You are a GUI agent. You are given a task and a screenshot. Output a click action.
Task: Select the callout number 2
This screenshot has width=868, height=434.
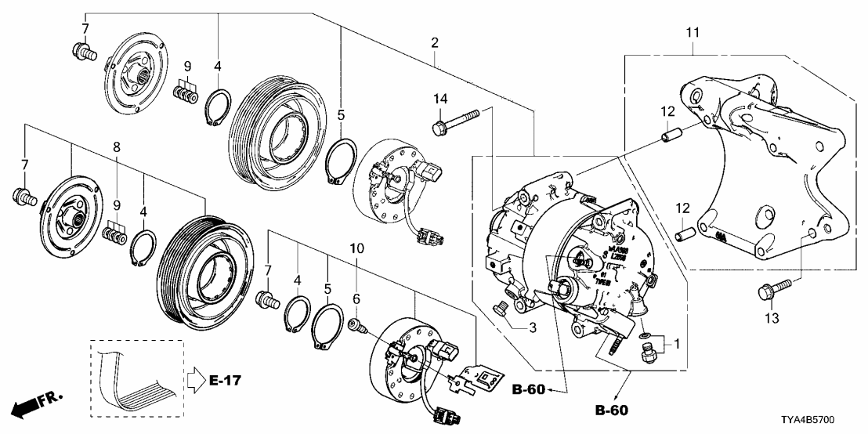(434, 45)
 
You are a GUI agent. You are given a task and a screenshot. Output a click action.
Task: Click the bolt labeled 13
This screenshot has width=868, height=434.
(765, 293)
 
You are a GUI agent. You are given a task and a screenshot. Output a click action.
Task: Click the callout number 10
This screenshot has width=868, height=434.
(356, 249)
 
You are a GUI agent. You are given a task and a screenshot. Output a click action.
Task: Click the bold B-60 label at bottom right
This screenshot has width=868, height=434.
(611, 409)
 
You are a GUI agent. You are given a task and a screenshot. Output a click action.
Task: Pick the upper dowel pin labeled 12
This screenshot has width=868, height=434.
(668, 136)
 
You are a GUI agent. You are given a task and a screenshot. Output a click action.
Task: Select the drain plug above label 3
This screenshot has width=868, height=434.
(499, 309)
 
